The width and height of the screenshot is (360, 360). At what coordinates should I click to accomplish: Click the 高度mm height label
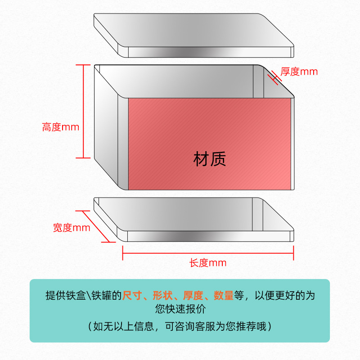click(x=60, y=127)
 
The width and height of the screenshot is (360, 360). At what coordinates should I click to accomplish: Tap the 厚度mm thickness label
click(x=299, y=72)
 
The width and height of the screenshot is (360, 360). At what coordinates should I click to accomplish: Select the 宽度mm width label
click(x=72, y=228)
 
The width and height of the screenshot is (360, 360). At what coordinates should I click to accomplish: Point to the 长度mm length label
click(x=207, y=263)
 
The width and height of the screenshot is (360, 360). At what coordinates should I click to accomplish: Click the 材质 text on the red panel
click(x=210, y=159)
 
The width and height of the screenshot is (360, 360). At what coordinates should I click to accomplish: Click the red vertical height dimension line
click(x=83, y=111)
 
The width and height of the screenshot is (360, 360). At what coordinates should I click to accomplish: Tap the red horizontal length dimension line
click(x=208, y=253)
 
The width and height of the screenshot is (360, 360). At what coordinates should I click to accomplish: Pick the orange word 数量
click(x=223, y=296)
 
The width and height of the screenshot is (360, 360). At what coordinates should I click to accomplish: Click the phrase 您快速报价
click(x=180, y=310)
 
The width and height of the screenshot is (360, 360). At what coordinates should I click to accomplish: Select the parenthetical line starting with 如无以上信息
click(x=180, y=326)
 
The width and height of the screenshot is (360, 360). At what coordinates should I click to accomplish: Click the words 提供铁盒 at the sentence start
click(x=64, y=296)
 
